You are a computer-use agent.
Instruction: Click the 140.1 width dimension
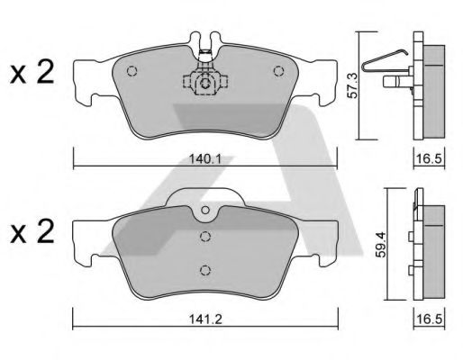[x=205, y=158]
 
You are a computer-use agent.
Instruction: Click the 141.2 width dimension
[x=205, y=319]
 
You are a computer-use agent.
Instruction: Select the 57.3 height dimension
[x=353, y=85]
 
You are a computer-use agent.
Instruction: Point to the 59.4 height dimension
[x=382, y=244]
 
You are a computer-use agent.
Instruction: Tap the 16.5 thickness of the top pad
[x=429, y=158]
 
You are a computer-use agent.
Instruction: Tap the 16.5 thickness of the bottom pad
[x=429, y=319]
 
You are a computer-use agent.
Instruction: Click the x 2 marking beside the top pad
[x=32, y=72]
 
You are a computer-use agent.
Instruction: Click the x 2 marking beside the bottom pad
[x=32, y=231]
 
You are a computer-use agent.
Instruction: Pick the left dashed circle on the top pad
[x=132, y=71]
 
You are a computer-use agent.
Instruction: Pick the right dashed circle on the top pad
[x=278, y=71]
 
